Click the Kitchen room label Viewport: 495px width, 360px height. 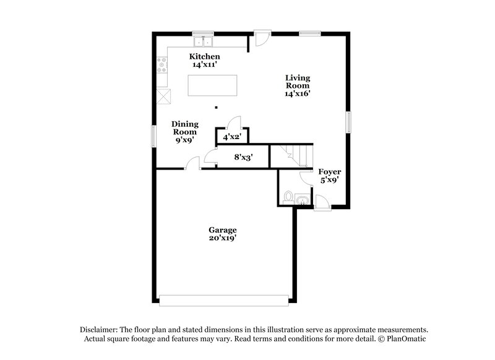204,56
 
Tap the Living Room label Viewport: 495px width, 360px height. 297,82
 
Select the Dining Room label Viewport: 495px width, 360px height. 184,127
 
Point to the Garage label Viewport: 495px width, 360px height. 222,229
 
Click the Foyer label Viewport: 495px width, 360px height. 329,171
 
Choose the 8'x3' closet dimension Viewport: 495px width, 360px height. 242,157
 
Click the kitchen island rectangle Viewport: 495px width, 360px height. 212,85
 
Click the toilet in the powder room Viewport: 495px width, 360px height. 286,199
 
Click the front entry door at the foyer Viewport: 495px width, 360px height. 322,203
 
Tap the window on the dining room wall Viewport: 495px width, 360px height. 153,135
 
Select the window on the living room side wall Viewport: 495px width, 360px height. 348,121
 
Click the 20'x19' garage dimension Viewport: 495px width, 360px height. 222,238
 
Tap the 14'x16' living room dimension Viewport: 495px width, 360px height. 297,94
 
